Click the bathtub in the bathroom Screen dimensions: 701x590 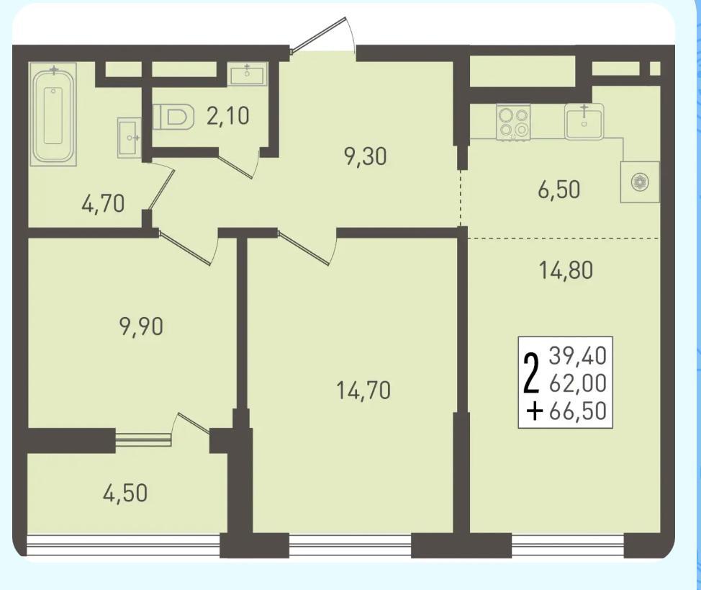pos(54,114)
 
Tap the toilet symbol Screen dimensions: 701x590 pos(173,117)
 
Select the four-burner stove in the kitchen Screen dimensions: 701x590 pos(514,122)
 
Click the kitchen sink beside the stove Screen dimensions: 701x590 pos(584,121)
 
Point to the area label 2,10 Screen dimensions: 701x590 pos(228,117)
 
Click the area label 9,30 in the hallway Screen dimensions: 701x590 pos(366,157)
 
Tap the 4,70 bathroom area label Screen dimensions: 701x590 pos(103,204)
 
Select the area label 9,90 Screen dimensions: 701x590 pos(141,327)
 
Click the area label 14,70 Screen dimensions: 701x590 pos(363,390)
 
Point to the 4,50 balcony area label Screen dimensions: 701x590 pos(126,493)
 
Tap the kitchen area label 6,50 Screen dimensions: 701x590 pos(559,189)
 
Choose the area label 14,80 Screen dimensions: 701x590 pos(566,270)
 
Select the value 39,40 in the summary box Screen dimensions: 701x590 pos(578,357)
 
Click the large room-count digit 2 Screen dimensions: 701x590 pos(531,372)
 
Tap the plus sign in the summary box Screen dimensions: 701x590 pos(535,411)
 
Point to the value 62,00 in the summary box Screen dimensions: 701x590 pos(578,384)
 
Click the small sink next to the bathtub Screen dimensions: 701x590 pos(130,138)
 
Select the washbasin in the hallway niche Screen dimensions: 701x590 pos(248,73)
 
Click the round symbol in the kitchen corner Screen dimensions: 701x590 pos(640,182)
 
